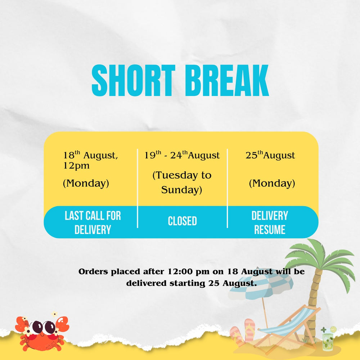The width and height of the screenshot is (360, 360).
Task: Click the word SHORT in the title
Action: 134,80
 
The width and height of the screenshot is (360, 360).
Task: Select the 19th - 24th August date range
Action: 182,155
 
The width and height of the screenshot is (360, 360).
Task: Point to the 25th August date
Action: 270,155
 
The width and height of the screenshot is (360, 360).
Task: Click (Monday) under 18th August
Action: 86,184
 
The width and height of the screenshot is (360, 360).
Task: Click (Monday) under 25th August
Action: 272,184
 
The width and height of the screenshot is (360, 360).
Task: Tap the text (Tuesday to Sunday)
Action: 182,182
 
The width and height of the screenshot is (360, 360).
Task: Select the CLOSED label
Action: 182,221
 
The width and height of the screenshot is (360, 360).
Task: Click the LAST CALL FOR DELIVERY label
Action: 93,222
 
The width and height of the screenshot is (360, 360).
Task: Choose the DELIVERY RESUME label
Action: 270,222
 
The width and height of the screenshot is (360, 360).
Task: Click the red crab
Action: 42,332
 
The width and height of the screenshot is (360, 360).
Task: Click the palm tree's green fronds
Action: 320,261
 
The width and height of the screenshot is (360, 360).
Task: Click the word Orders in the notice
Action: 93,271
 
